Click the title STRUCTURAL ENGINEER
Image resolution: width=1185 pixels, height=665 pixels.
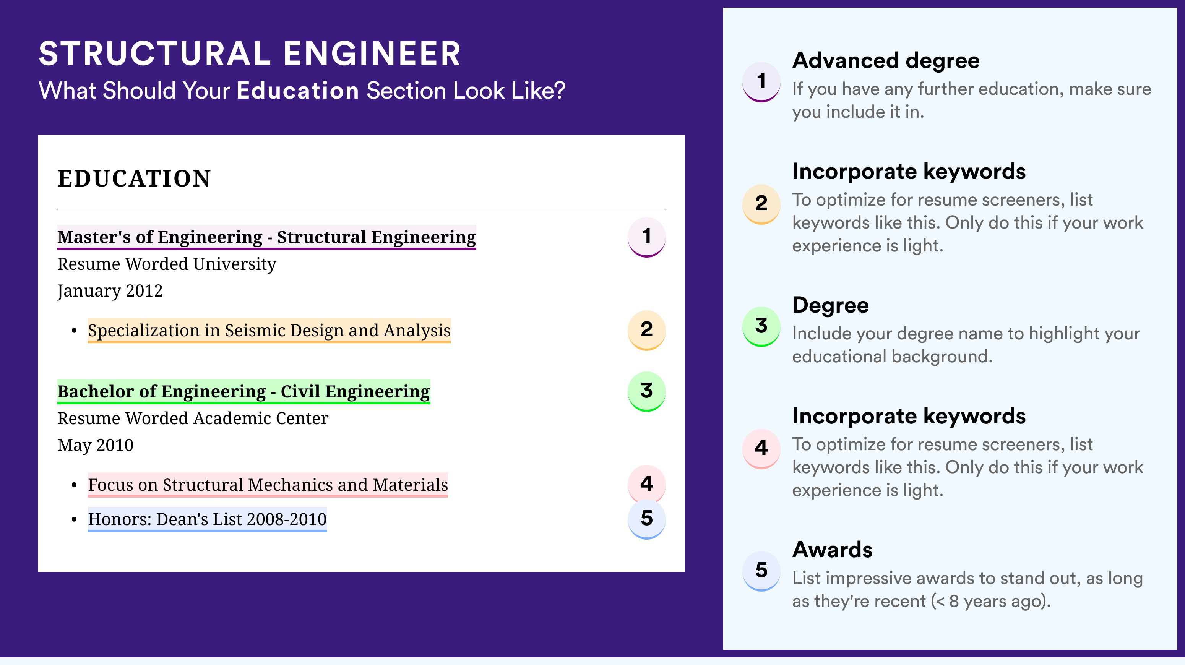tap(250, 54)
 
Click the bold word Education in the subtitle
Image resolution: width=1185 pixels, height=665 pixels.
tap(298, 90)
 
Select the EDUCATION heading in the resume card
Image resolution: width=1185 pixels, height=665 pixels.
tap(134, 178)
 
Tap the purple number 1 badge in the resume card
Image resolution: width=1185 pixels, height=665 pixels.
tap(646, 237)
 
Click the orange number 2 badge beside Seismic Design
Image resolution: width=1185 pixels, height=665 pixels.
tap(646, 330)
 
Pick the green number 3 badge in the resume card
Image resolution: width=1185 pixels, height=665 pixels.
tap(646, 391)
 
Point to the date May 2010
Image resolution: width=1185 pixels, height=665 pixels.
tap(95, 445)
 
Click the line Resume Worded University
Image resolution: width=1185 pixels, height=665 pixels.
tap(167, 264)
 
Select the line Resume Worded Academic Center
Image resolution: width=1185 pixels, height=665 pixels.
tap(193, 418)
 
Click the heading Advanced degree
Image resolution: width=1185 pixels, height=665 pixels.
tap(886, 61)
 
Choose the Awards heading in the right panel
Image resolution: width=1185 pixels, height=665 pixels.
tap(832, 550)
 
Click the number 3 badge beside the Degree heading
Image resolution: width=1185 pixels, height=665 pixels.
tap(761, 326)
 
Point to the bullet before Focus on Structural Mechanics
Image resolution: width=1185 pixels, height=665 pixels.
tap(74, 486)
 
